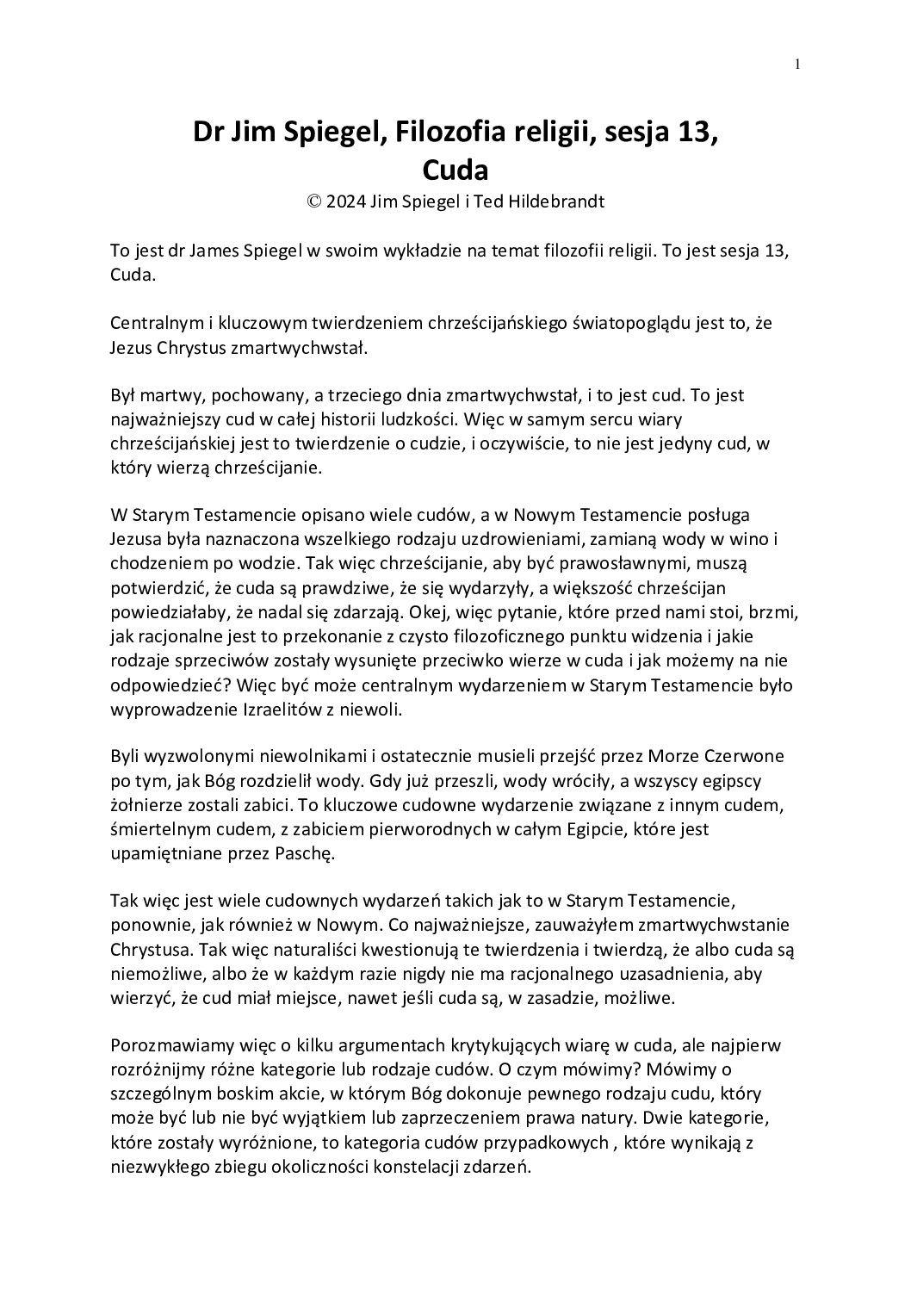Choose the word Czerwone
pyautogui.click(x=745, y=758)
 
